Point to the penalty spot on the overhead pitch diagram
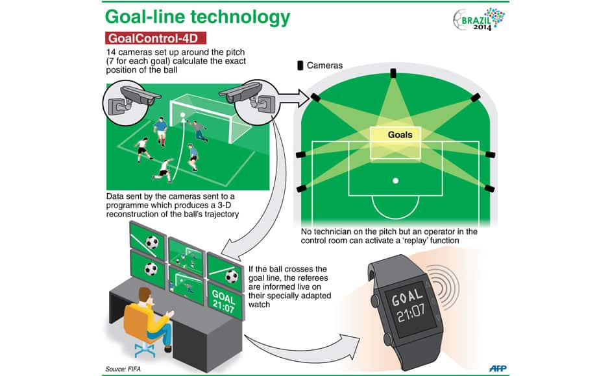395,180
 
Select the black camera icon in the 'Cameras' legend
300,65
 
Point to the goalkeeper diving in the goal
200,130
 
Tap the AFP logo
498,368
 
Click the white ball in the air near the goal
184,115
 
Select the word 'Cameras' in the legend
324,65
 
